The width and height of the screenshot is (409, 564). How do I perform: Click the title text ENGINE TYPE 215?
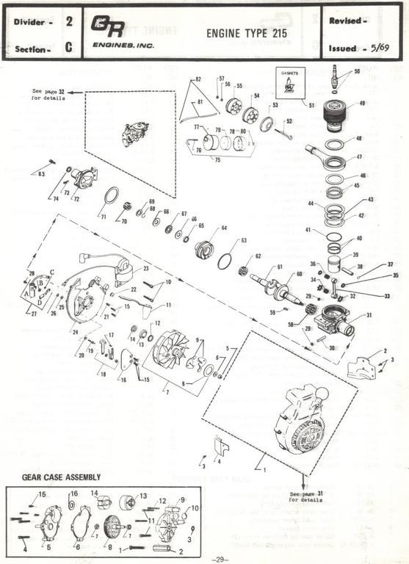pyautogui.click(x=246, y=33)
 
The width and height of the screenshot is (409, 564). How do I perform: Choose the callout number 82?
pyautogui.click(x=198, y=79)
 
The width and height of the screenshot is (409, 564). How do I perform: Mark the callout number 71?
pyautogui.click(x=104, y=217)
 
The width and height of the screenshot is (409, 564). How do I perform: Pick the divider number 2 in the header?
pyautogui.click(x=68, y=22)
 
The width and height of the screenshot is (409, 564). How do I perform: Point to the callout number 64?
pyautogui.click(x=223, y=228)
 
